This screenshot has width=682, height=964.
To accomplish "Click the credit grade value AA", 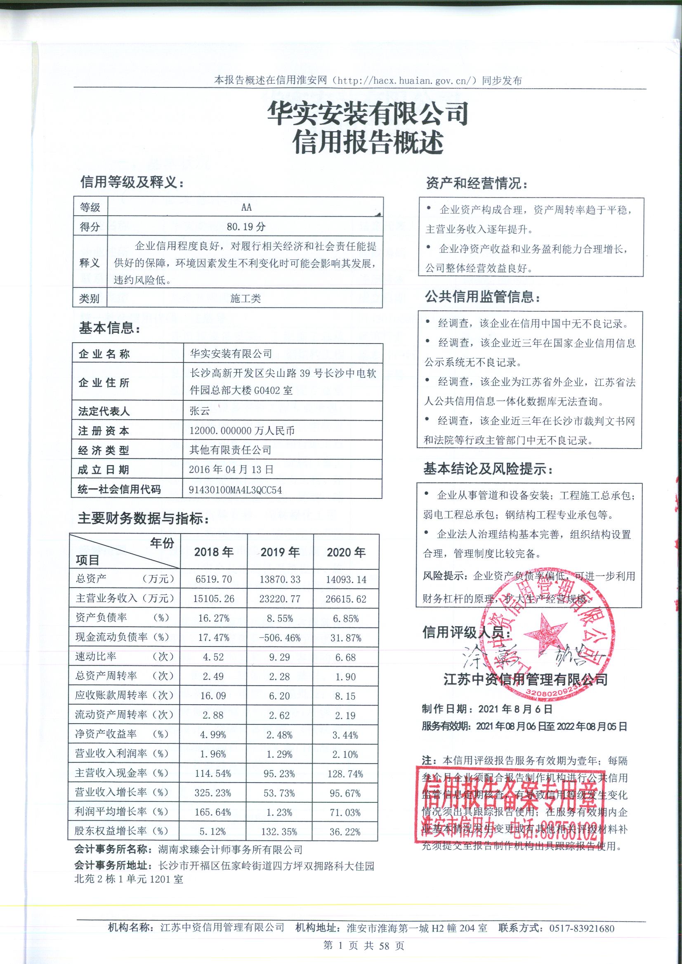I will (246, 207).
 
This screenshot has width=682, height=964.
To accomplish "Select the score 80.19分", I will (246, 227).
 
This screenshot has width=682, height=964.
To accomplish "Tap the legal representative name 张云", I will (200, 411).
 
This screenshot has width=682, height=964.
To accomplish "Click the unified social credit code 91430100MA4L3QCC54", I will (235, 490).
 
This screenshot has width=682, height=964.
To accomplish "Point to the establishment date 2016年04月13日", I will (231, 469).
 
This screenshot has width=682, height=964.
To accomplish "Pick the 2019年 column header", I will (280, 552).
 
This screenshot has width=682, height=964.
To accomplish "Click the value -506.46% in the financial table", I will (280, 638).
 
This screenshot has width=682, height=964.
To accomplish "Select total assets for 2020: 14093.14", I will (346, 580).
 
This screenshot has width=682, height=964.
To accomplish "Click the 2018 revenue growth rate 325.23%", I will (213, 793).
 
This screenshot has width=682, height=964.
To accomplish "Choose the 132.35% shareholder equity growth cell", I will (280, 832).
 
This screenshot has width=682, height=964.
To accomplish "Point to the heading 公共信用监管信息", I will (482, 298).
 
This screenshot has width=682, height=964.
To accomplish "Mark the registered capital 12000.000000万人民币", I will (242, 430).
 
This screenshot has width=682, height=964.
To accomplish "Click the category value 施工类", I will (245, 299).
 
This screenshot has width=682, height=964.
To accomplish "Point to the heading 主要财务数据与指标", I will (144, 520).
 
